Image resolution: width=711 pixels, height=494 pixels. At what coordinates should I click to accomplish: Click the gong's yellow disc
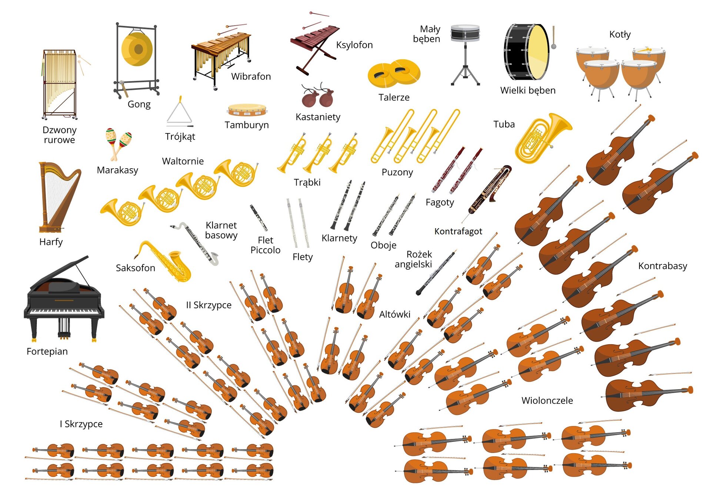(x=137, y=49)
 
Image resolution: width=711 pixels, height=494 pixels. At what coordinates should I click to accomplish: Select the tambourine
(x=247, y=110)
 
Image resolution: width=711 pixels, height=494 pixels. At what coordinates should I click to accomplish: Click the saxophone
(x=165, y=262)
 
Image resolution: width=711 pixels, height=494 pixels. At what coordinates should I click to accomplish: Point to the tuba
(x=541, y=139)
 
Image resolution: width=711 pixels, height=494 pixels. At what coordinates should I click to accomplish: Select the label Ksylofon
(x=354, y=45)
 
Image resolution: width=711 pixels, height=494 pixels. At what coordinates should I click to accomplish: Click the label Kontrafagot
(x=458, y=231)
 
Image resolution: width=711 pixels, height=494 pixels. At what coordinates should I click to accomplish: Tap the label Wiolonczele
(x=547, y=400)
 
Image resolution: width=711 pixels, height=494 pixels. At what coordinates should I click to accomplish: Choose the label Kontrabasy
(x=662, y=266)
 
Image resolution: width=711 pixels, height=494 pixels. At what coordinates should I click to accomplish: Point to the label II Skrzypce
(x=208, y=305)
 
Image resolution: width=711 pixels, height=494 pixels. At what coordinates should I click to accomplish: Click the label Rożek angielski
(x=414, y=259)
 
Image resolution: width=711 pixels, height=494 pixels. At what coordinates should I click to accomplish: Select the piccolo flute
(x=258, y=218)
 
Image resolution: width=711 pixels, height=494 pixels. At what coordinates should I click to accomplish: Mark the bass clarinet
(x=195, y=243)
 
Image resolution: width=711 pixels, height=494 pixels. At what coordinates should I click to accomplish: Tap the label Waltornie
(x=183, y=161)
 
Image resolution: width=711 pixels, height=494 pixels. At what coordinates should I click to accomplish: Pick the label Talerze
(x=394, y=98)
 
